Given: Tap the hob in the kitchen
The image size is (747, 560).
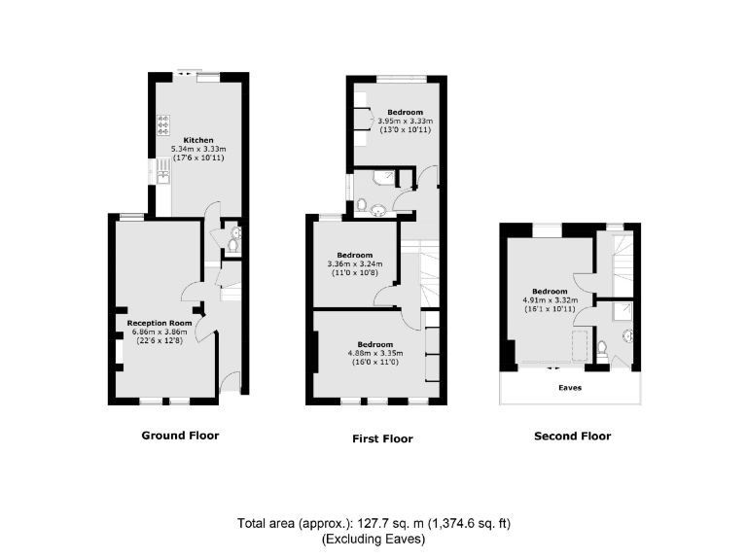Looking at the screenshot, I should coord(162,126).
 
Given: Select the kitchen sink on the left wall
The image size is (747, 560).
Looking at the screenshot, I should coord(162,172).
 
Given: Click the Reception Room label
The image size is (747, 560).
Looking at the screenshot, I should coord(160,322).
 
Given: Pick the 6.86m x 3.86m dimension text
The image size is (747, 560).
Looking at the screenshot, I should coord(160,331).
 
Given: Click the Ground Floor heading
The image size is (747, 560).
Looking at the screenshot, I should coord(180,436).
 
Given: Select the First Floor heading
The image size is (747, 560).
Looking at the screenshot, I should coord(382,438).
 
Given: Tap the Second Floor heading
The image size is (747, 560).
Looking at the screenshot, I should coord(573,436).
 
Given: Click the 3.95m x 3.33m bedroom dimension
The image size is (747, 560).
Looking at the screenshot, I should coord(404,121).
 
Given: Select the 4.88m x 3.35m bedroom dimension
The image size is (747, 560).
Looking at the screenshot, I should coord(374,353).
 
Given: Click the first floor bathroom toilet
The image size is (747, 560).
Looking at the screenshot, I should coord(362,205).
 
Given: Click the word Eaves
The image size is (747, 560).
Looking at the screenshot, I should coord(570,386).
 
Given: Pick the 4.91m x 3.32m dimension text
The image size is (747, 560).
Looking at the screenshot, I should coord(550,299).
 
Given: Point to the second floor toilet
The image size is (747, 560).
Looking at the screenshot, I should coord(603,347).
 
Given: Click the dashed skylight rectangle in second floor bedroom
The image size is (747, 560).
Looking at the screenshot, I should coord(580,345).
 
